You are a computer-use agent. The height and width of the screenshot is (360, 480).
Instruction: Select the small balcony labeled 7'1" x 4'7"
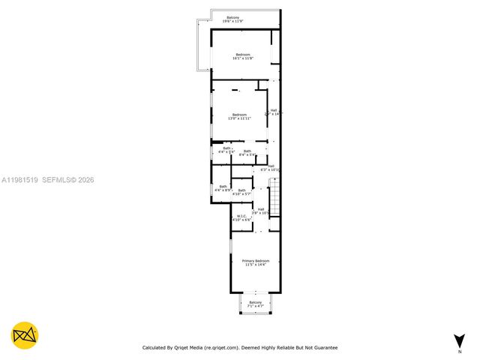pos(256,304)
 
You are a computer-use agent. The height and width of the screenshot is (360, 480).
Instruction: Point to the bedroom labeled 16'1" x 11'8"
pos(243,56)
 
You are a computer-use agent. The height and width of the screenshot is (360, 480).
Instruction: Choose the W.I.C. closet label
pos(241,218)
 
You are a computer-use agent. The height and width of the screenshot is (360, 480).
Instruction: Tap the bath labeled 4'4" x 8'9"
pos(223,188)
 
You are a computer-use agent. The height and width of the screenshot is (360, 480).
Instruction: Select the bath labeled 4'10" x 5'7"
pos(241,192)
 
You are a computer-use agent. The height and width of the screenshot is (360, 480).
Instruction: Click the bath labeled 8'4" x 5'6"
pos(247,153)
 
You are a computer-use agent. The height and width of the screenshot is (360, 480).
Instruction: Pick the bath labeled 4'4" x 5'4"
pos(226,150)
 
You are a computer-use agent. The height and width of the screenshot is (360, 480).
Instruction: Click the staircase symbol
pos(274,198)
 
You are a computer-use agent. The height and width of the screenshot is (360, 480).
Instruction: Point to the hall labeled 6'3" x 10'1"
pos(270,168)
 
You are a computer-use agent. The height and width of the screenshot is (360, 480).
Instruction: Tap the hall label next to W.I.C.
pos(260,211)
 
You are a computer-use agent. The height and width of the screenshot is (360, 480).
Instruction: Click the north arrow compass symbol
pos(458,340)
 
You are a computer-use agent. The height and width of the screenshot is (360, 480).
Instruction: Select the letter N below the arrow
pos(459,351)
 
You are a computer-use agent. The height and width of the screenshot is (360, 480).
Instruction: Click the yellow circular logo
pos(25,335)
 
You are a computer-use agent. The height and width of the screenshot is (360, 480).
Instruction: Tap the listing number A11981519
pos(19,180)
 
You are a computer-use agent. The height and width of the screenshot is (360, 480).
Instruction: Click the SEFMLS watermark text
pos(58,180)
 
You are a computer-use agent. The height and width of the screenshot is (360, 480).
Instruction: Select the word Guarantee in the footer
pos(323,348)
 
